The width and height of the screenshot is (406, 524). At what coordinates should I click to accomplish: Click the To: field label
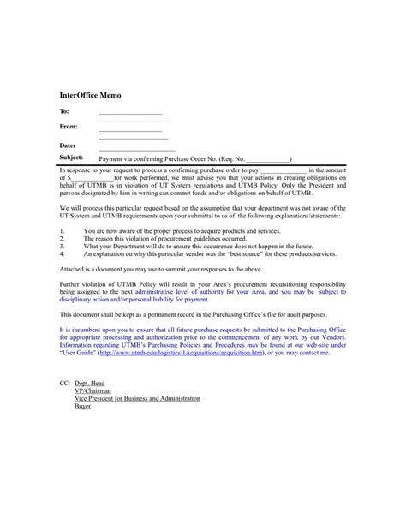pyautogui.click(x=64, y=112)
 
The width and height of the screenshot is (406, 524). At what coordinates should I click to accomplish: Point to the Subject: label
pyautogui.click(x=71, y=158)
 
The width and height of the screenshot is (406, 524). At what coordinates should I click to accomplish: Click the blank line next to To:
pyautogui.click(x=130, y=113)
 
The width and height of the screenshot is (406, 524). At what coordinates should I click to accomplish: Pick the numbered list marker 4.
pyautogui.click(x=63, y=254)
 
